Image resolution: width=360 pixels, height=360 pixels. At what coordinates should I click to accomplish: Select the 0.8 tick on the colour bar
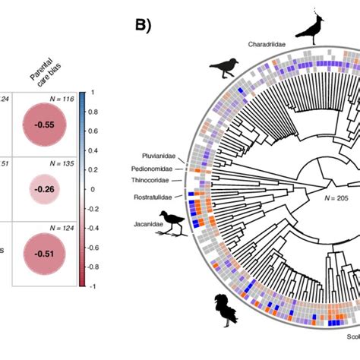[97, 112]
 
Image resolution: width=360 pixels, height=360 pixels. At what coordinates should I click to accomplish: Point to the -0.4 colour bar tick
[97, 226]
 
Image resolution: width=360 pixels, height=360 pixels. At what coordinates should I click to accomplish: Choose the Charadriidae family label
[267, 44]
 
